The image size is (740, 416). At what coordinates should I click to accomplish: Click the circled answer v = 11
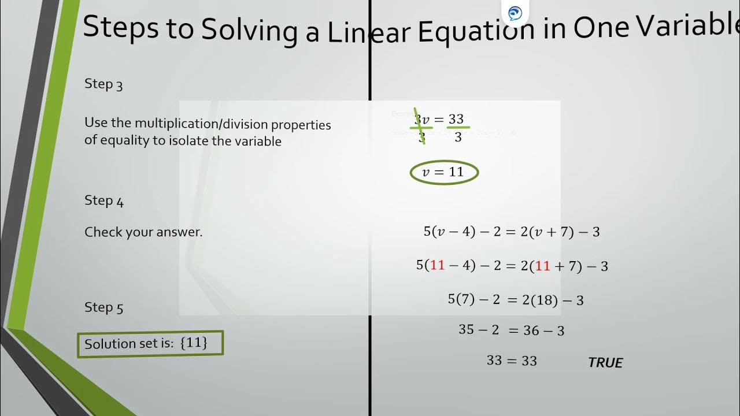444,172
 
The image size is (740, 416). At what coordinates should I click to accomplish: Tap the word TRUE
605,363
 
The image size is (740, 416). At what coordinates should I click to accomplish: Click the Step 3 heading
103,84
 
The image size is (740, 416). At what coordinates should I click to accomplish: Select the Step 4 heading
104,200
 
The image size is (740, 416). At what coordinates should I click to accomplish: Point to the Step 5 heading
104,307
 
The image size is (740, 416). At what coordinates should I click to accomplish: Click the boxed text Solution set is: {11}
150,343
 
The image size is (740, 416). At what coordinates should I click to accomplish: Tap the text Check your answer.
143,232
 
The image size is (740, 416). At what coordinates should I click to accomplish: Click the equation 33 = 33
512,361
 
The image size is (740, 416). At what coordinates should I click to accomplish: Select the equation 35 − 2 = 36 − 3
511,330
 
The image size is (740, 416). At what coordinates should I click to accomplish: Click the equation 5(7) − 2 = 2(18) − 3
516,300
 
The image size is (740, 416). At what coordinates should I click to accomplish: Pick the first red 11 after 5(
438,265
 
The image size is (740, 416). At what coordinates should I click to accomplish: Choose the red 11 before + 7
542,266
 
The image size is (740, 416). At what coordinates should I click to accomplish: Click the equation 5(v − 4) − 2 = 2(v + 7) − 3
512,232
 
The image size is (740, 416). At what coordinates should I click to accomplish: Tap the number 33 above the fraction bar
456,119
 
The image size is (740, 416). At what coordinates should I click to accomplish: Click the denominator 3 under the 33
458,138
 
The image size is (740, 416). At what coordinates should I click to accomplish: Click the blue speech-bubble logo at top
515,13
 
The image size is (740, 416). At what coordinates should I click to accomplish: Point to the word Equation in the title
475,30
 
